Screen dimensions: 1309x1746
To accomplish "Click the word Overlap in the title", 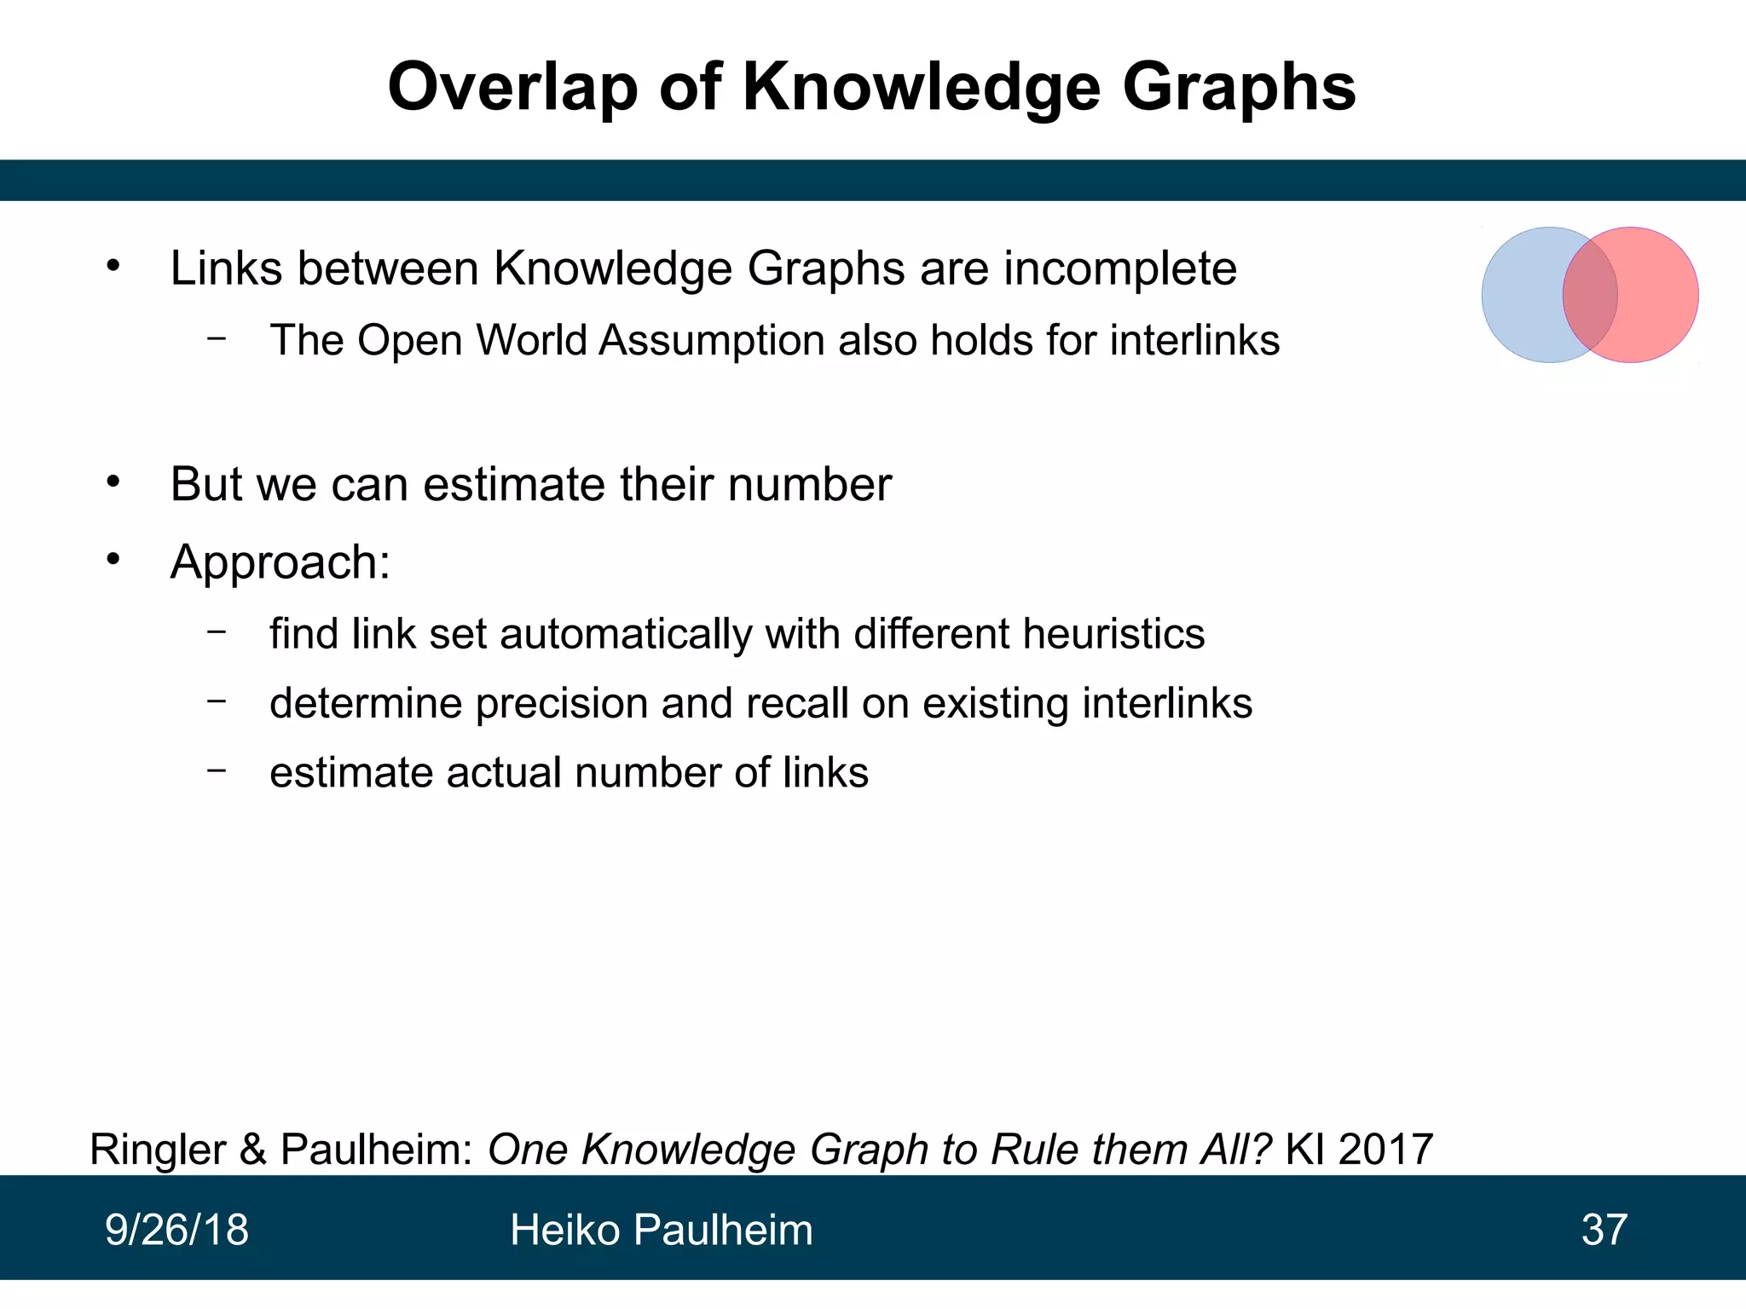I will pyautogui.click(x=512, y=87).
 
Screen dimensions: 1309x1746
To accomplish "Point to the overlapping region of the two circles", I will pyautogui.click(x=1590, y=295).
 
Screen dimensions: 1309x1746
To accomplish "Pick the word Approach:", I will pyautogui.click(x=280, y=562).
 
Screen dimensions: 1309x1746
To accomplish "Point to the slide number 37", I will pyautogui.click(x=1604, y=1230).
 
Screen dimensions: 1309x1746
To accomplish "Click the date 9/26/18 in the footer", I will pyautogui.click(x=176, y=1230).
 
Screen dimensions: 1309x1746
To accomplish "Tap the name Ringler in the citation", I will pyautogui.click(x=159, y=1149).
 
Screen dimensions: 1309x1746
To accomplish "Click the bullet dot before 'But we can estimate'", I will pyautogui.click(x=113, y=482).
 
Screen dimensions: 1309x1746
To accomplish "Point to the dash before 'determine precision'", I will pyautogui.click(x=217, y=701).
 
